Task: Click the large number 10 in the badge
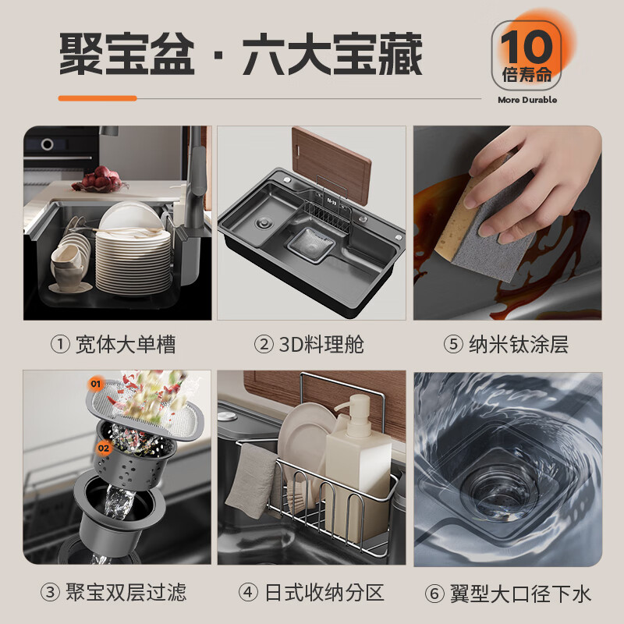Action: pos(527,48)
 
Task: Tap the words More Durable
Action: pos(527,100)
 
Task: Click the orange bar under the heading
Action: pos(97,98)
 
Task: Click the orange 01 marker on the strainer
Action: pos(96,384)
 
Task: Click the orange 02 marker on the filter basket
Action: pos(104,448)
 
